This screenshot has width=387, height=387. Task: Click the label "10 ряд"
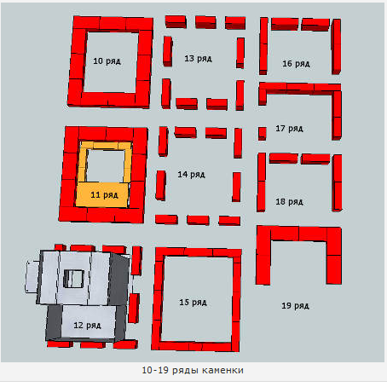pyautogui.click(x=107, y=61)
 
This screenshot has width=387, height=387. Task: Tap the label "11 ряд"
pyautogui.click(x=104, y=195)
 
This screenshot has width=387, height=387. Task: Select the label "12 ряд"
pyautogui.click(x=87, y=326)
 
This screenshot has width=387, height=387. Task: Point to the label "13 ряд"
pyautogui.click(x=198, y=59)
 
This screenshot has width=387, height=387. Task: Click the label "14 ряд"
pyautogui.click(x=191, y=175)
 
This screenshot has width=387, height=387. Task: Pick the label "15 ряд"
pyautogui.click(x=193, y=303)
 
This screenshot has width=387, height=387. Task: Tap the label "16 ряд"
pyautogui.click(x=296, y=64)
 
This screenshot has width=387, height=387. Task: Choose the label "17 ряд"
pyautogui.click(x=289, y=129)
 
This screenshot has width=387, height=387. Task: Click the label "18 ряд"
pyautogui.click(x=289, y=202)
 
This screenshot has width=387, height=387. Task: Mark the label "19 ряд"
pyautogui.click(x=295, y=306)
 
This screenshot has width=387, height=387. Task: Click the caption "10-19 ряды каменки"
pyautogui.click(x=193, y=371)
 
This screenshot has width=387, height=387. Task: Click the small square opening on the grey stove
pyautogui.click(x=73, y=279)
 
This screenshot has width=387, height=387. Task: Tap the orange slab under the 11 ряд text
pyautogui.click(x=101, y=195)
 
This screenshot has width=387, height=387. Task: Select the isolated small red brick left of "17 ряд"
pyautogui.click(x=263, y=134)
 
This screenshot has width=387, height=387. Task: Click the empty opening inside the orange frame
pyautogui.click(x=106, y=166)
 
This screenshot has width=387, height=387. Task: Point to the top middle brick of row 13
pyautogui.click(x=205, y=22)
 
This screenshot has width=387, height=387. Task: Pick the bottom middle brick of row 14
pyautogui.click(x=198, y=220)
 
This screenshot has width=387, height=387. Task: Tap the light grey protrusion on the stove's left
pyautogui.click(x=32, y=277)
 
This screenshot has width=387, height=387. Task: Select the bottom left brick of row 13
pyautogui.click(x=166, y=94)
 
